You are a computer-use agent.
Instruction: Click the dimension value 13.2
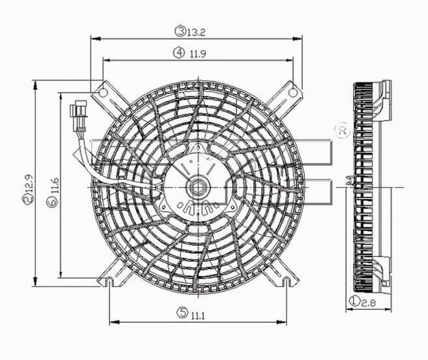point(196,32)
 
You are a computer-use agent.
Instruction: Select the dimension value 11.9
point(198,53)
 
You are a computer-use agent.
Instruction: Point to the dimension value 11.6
point(54,186)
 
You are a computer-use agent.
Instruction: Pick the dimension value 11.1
point(197,316)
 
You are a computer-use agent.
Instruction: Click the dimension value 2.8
point(369,303)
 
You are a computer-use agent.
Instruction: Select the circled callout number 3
point(180,31)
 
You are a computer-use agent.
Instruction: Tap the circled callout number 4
point(178,52)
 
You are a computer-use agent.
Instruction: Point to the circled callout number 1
point(355,301)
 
